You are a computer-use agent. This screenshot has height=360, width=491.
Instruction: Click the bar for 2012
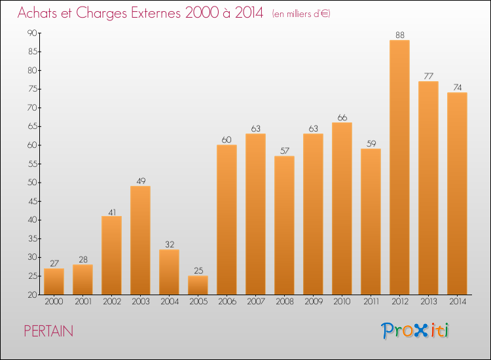click(x=399, y=167)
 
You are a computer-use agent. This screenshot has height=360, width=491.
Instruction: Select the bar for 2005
click(x=198, y=285)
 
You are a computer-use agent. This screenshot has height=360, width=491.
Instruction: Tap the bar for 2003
click(x=140, y=240)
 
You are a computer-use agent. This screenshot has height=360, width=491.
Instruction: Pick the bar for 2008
click(x=284, y=225)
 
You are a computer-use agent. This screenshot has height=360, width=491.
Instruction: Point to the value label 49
click(x=140, y=181)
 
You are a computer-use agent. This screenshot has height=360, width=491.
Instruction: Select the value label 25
click(x=198, y=271)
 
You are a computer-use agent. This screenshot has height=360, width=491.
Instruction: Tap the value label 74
click(x=457, y=88)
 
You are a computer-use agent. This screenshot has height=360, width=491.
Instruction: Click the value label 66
click(x=342, y=118)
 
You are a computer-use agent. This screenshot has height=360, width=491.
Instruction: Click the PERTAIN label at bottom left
click(x=48, y=331)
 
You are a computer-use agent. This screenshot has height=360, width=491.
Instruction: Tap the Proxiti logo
click(x=416, y=331)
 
